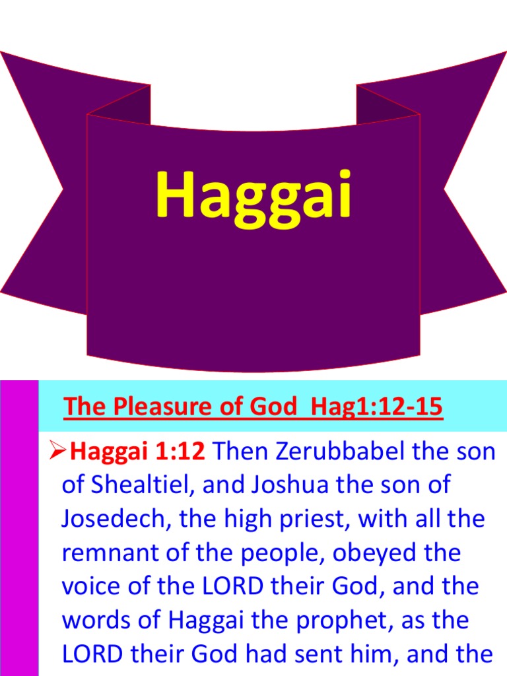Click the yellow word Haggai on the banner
(x=253, y=195)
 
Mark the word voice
(x=91, y=586)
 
